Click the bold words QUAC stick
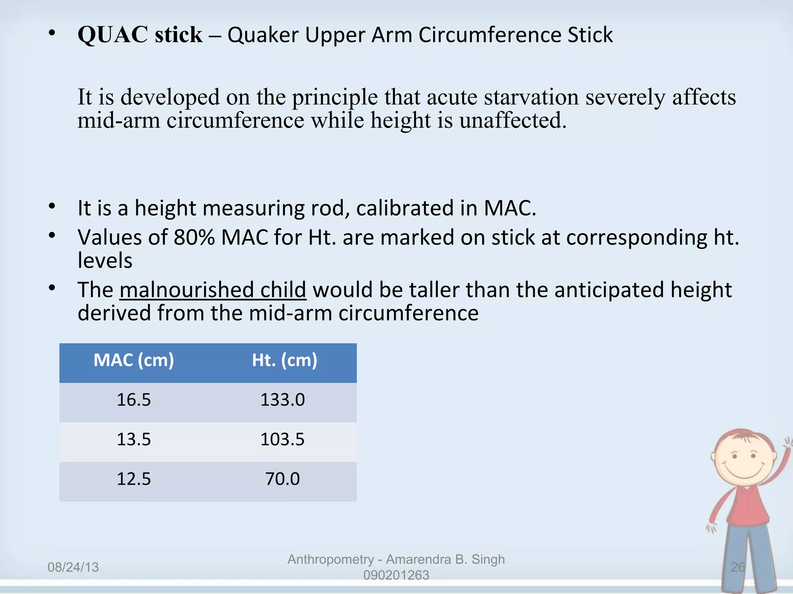click(140, 35)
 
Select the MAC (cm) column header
click(134, 360)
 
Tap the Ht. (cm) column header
click(285, 360)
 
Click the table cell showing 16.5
click(134, 400)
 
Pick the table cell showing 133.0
click(283, 400)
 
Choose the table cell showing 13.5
click(134, 440)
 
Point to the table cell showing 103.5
click(283, 440)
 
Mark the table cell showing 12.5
click(134, 479)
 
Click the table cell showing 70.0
click(283, 479)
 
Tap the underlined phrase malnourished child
click(213, 290)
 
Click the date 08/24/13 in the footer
click(73, 567)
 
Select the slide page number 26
click(738, 567)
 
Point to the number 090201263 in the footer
click(396, 575)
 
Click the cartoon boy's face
click(743, 460)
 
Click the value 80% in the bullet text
click(194, 237)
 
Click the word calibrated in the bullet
click(405, 208)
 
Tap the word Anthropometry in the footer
click(331, 560)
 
